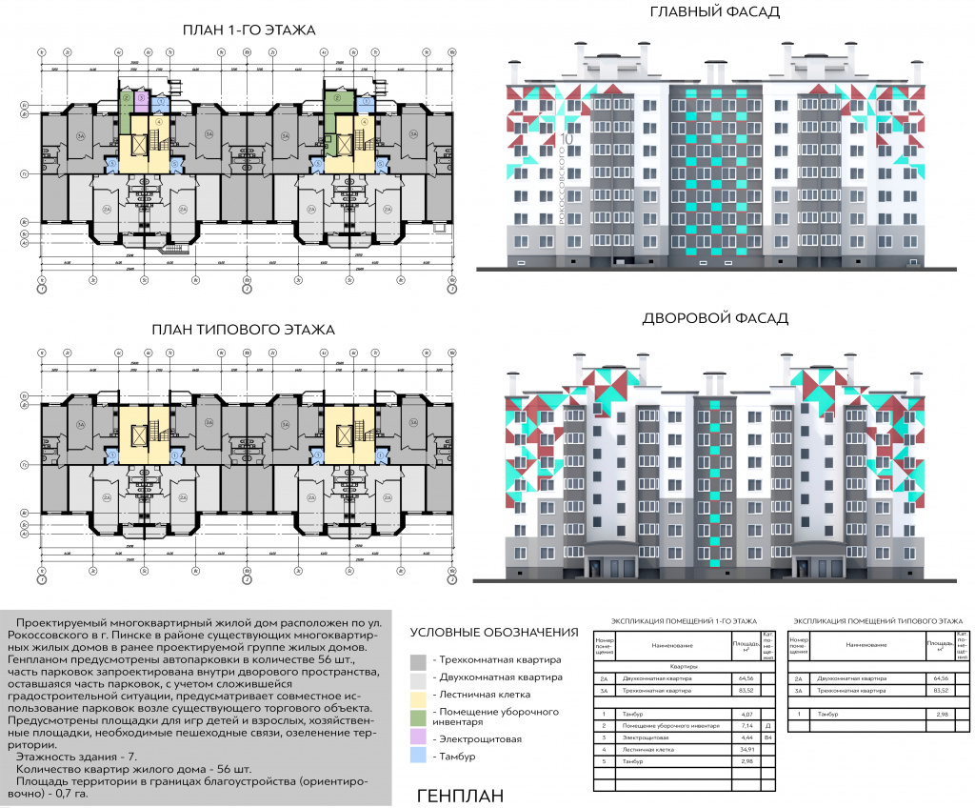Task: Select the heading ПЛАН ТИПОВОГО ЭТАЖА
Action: pos(244,330)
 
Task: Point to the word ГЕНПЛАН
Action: pos(460,796)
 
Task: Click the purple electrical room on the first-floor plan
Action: pos(140,97)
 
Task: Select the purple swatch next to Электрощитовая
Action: pos(418,737)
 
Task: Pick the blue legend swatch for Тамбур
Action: pos(418,757)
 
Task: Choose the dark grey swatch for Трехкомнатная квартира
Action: pos(418,660)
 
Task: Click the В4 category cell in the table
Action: pos(767,737)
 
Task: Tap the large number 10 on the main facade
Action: pos(567,138)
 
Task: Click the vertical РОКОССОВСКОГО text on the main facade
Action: pos(562,185)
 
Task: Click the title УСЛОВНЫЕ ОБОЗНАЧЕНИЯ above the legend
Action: pos(494,632)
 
